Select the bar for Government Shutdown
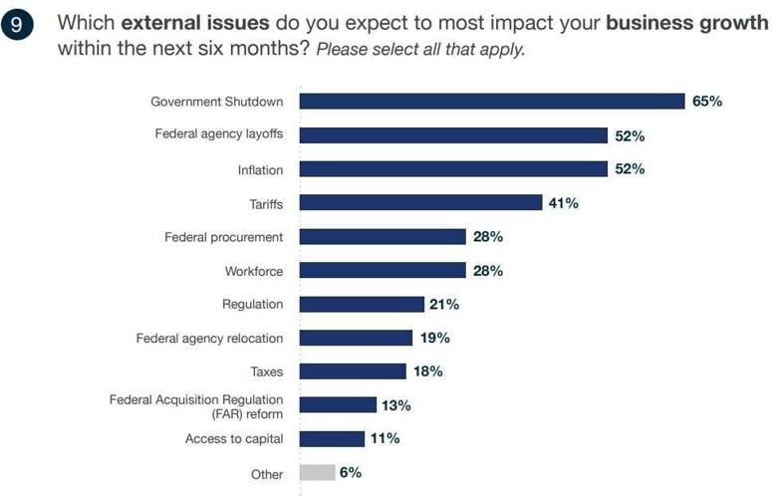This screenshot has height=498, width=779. click(492, 102)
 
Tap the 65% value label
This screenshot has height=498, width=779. click(707, 102)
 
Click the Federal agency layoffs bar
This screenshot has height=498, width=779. click(453, 135)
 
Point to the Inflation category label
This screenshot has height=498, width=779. click(260, 170)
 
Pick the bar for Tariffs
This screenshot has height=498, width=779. click(420, 203)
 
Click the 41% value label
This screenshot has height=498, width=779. click(563, 203)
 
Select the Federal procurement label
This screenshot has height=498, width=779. click(223, 237)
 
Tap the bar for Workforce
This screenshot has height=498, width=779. click(383, 271)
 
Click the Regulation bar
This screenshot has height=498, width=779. click(361, 305)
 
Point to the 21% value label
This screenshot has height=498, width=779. click(443, 305)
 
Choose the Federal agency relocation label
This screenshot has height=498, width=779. click(209, 339)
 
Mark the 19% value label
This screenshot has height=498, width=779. click(434, 339)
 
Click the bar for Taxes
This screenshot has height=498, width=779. click(353, 372)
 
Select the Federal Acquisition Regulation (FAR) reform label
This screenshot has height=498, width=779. click(196, 405)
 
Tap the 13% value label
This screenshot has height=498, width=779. click(395, 405)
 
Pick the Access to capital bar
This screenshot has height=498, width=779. click(332, 439)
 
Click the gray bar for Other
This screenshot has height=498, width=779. click(316, 473)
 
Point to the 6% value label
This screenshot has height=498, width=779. click(351, 473)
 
